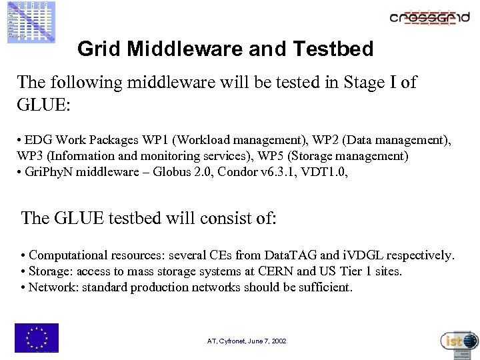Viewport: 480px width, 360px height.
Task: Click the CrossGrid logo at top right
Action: point(429,18)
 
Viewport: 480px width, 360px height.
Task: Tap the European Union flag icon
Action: point(37,337)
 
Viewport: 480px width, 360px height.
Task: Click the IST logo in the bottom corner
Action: point(459,342)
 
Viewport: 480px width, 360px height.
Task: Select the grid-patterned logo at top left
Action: point(31,22)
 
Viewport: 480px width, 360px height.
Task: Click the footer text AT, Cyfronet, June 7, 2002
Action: point(247,341)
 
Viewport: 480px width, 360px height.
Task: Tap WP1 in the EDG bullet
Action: point(155,141)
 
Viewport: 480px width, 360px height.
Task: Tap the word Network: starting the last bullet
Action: point(51,287)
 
